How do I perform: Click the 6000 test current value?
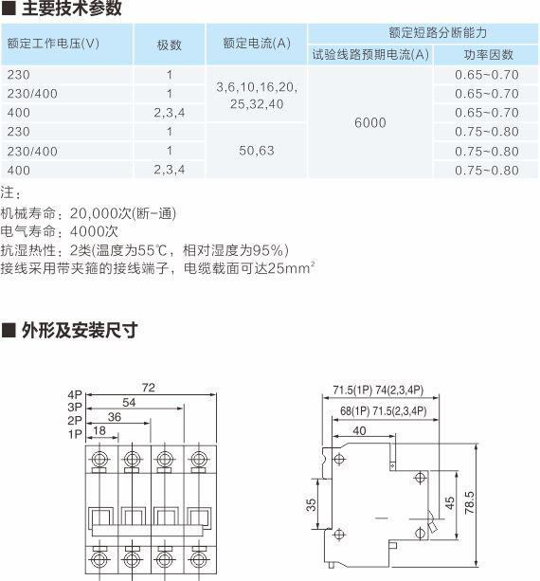370,122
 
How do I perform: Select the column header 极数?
170,45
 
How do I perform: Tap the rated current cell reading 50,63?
257,151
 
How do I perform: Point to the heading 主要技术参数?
71,9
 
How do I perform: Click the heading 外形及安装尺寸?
80,330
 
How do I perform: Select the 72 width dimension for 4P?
148,388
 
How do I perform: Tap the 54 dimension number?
129,403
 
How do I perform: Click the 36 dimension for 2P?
115,417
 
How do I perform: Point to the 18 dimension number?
99,430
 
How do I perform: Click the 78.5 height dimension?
469,502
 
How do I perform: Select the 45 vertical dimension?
449,503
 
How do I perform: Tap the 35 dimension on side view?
311,504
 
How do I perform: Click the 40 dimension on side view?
359,430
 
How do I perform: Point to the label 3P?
75,408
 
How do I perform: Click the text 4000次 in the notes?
94,231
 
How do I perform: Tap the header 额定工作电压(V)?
53,44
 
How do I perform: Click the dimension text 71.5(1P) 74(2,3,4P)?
378,390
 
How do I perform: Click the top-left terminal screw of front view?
99,460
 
